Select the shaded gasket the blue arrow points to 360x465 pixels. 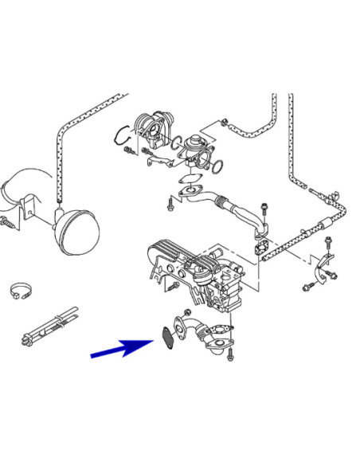[x=167, y=335]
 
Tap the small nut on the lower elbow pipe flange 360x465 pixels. [x=186, y=311]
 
